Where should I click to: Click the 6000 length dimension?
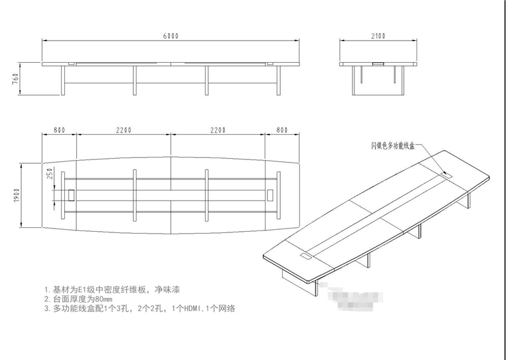coord(171,36)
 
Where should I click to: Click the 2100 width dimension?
coord(378,36)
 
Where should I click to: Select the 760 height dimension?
coord(15,80)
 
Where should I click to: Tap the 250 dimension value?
coord(49,175)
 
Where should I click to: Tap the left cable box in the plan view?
coord(70,194)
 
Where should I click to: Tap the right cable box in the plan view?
coord(271,194)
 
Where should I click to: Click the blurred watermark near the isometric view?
coord(356,298)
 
